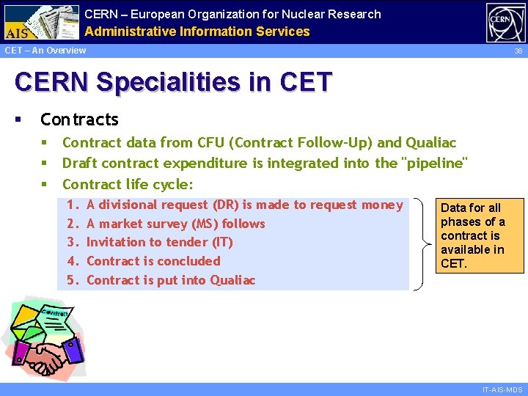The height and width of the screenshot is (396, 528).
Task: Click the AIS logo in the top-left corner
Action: (x=41, y=22)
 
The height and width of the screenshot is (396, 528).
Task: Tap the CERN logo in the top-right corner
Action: (x=505, y=23)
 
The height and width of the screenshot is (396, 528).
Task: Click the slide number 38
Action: (x=518, y=51)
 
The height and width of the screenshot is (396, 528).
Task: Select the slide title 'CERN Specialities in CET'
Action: (x=173, y=82)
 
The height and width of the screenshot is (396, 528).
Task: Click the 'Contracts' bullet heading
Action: (x=79, y=120)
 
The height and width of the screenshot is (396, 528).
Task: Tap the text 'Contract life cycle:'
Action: (x=128, y=184)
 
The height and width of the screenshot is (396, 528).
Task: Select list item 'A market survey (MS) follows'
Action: (x=175, y=224)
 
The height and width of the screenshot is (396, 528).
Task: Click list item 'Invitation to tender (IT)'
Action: (x=159, y=242)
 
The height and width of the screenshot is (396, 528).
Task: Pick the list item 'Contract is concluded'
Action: (x=153, y=261)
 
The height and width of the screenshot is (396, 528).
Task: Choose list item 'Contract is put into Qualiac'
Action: (x=171, y=280)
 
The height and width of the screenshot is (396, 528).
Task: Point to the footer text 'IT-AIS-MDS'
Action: (x=502, y=389)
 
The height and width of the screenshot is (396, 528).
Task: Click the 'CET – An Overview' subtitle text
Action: (x=45, y=51)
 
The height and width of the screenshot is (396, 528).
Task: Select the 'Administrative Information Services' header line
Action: (x=197, y=32)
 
